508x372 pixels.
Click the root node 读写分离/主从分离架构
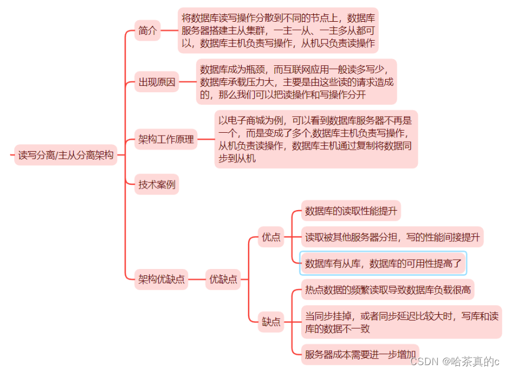point(66,155)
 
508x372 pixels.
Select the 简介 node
point(147,30)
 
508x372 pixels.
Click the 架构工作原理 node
point(166,139)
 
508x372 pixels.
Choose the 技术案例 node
point(157,184)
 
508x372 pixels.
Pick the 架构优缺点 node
point(162,279)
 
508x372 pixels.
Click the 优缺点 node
point(223,279)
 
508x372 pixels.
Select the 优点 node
point(271,237)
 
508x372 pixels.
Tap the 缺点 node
point(271,322)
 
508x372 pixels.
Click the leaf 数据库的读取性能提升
point(350,211)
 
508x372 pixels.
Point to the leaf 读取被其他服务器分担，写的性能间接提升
point(392,237)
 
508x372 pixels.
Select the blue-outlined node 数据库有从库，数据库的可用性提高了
point(383,263)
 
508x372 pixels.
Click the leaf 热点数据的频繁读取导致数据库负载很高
point(387,290)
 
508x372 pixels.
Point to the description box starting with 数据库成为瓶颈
point(296,82)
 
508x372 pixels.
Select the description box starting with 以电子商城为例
point(315,139)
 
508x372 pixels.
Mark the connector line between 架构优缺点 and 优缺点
point(197,279)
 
